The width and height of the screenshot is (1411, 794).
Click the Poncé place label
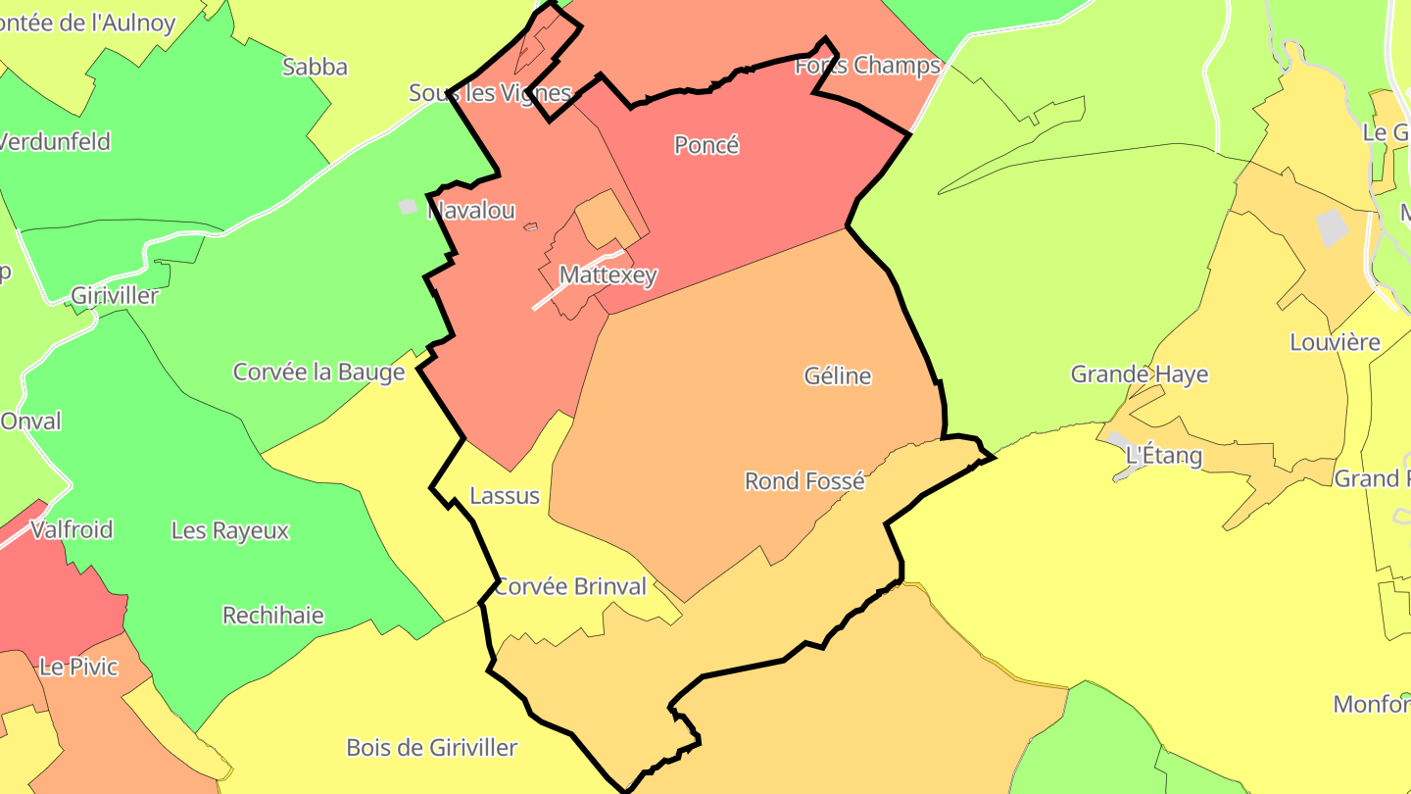point(706,145)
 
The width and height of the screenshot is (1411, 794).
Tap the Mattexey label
point(608,275)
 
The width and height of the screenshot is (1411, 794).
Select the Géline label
point(837,375)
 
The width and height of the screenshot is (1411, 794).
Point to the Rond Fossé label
point(804,481)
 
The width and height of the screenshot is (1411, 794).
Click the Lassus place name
point(505,495)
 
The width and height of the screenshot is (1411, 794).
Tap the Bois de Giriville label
point(431,747)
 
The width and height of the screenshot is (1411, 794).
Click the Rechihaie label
point(272,616)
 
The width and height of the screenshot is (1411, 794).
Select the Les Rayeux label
point(230,530)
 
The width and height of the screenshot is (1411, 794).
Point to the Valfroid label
point(72,530)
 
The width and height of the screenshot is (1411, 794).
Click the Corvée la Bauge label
point(318,372)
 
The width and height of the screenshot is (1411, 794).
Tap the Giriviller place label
point(115,295)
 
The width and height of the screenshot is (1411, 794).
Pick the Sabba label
point(315,67)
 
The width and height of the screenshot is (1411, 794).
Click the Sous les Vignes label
point(489,93)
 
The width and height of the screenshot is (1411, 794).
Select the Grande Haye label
point(1139,373)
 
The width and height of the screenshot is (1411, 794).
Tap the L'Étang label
point(1163,455)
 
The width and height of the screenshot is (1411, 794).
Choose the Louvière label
point(1335,342)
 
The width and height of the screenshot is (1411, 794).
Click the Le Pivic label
point(78,667)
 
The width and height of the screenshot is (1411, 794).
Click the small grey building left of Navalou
point(408,207)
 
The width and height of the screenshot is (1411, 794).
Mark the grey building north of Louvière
point(1333,227)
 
